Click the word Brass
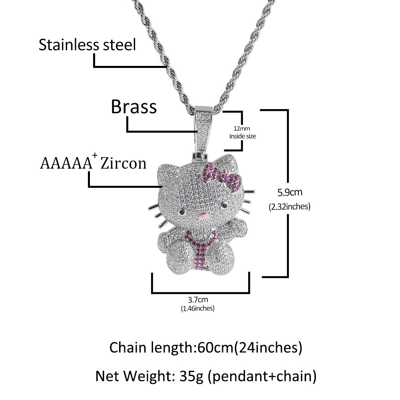coord(133,107)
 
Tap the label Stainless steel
coord(87,45)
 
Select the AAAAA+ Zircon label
coord(93,163)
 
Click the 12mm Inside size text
coord(243,132)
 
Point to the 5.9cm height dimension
coord(291,193)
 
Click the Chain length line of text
coord(206,348)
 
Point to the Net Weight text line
coord(206,376)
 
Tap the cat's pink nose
coord(205,217)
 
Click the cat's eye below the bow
coord(224,205)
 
